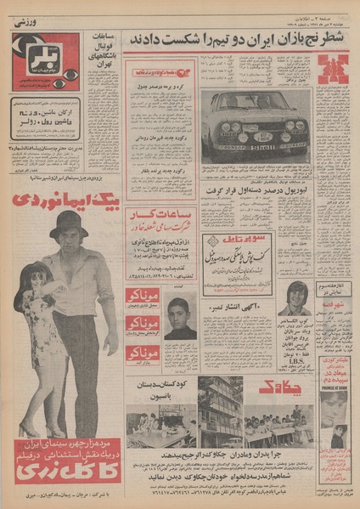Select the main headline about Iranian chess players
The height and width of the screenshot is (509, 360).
click(x=232, y=40)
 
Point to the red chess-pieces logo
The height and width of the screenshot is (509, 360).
click(x=332, y=69)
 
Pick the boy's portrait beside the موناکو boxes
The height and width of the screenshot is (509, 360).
click(x=180, y=319)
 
